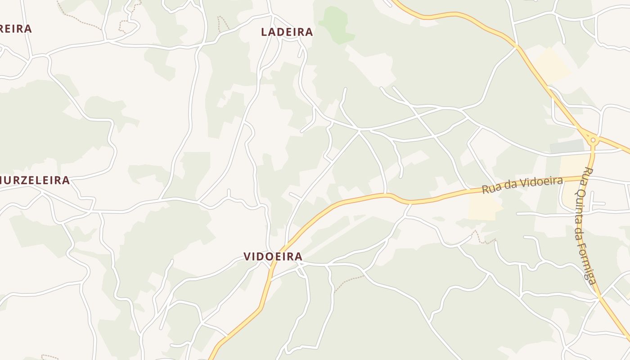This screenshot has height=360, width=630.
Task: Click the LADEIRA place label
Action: click(287, 32)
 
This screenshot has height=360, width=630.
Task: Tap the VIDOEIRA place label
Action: click(273, 256)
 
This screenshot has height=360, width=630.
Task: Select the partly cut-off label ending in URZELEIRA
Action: click(35, 180)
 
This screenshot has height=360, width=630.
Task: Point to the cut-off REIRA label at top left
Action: click(16, 29)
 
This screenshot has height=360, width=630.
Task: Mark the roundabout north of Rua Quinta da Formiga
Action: click(593, 140)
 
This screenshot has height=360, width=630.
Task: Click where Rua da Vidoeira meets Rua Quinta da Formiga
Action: click(589, 177)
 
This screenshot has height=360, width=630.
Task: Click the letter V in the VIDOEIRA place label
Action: click(247, 256)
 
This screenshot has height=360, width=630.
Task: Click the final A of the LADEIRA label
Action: click(309, 32)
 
